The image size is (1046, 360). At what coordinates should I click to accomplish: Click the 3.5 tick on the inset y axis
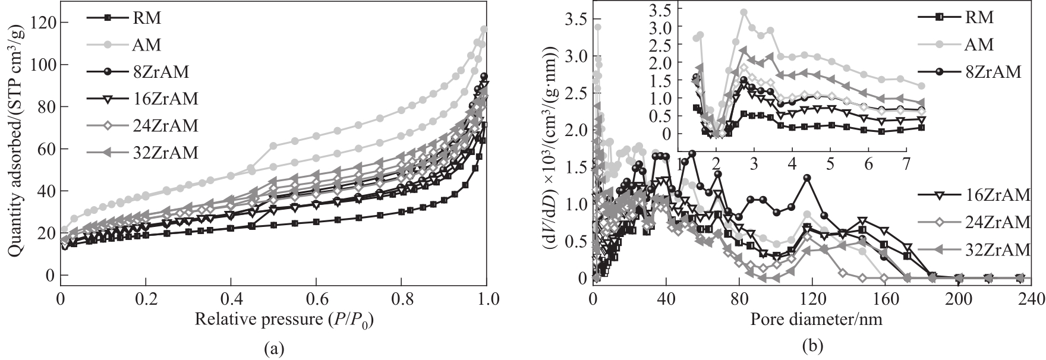pos(680,10)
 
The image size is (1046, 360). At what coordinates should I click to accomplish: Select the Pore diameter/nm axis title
pos(816,320)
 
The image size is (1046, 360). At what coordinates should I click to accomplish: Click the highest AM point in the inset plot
pos(743,12)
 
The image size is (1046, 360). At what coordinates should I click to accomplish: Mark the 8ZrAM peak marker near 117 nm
pos(806,178)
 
